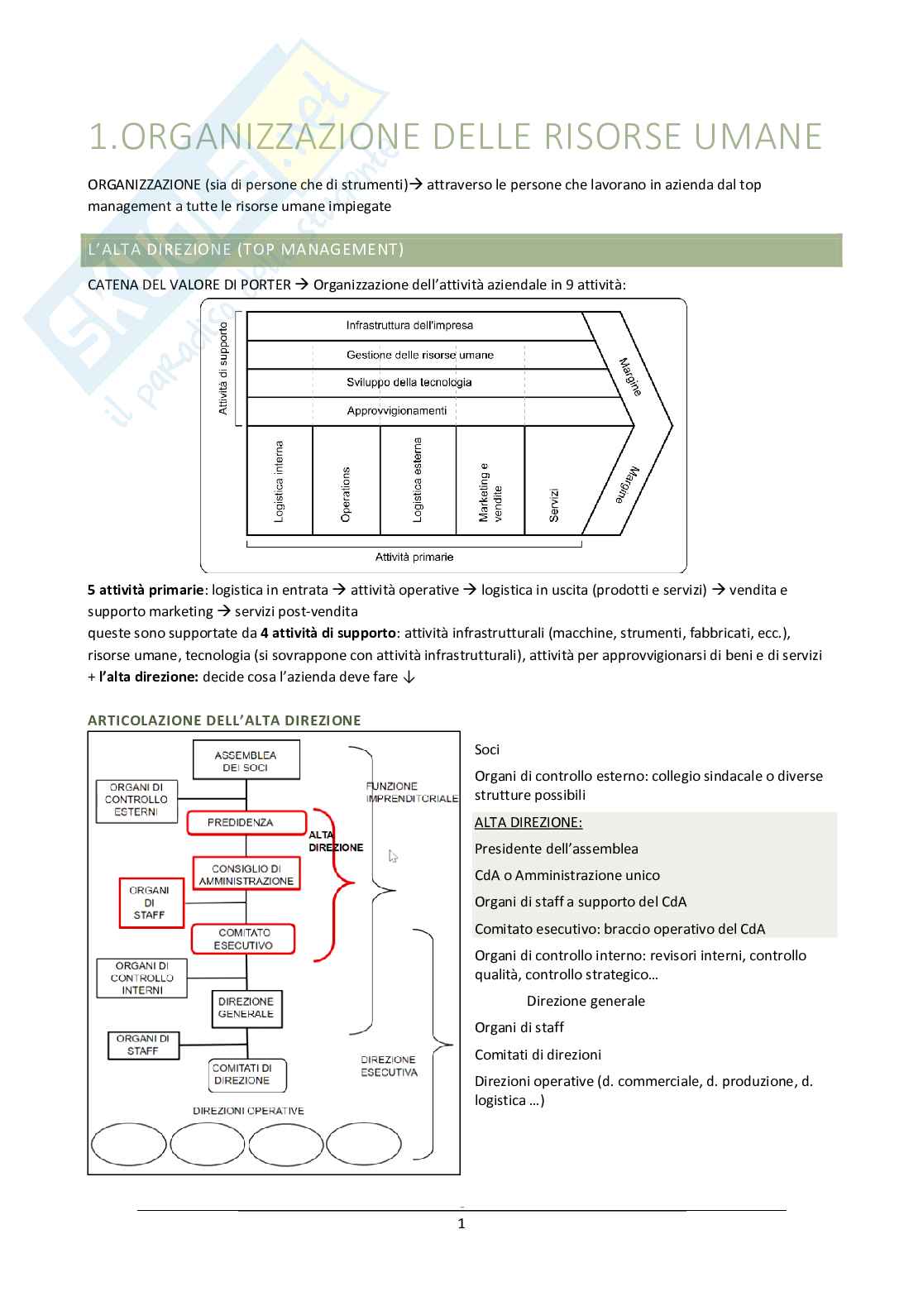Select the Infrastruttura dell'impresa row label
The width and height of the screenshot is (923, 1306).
click(x=409, y=325)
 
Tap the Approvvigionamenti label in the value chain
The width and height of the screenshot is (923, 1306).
click(x=396, y=410)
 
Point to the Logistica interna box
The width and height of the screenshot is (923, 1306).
click(x=280, y=481)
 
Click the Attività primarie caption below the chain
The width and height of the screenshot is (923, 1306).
click(x=414, y=557)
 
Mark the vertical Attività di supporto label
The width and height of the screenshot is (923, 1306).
click(x=223, y=368)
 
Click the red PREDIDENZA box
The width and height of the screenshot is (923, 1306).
click(x=241, y=822)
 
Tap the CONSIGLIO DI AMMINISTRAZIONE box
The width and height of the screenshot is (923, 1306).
click(x=246, y=874)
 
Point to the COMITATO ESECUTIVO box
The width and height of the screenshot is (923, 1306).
click(x=244, y=939)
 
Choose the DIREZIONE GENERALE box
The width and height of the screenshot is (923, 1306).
click(x=246, y=1007)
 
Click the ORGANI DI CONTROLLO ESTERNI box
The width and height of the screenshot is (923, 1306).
click(x=136, y=800)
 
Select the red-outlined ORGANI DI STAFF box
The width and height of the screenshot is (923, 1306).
click(x=149, y=902)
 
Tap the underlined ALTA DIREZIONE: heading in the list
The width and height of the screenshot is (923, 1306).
click(x=528, y=822)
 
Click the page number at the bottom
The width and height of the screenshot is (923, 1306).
click(x=461, y=1223)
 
